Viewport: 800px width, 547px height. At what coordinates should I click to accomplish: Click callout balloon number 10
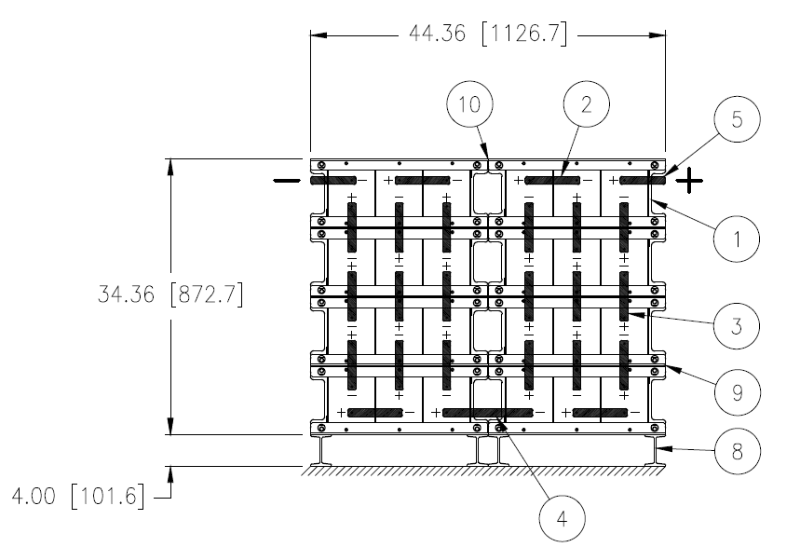click(472, 105)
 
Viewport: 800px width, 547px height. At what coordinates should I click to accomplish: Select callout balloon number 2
click(586, 105)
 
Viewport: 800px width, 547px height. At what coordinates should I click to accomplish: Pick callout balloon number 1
click(736, 239)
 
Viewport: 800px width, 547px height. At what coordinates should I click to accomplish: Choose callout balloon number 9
click(736, 393)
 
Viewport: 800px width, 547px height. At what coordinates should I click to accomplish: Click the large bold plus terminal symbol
click(689, 180)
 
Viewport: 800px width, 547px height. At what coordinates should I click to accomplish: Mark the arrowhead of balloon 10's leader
click(487, 155)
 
